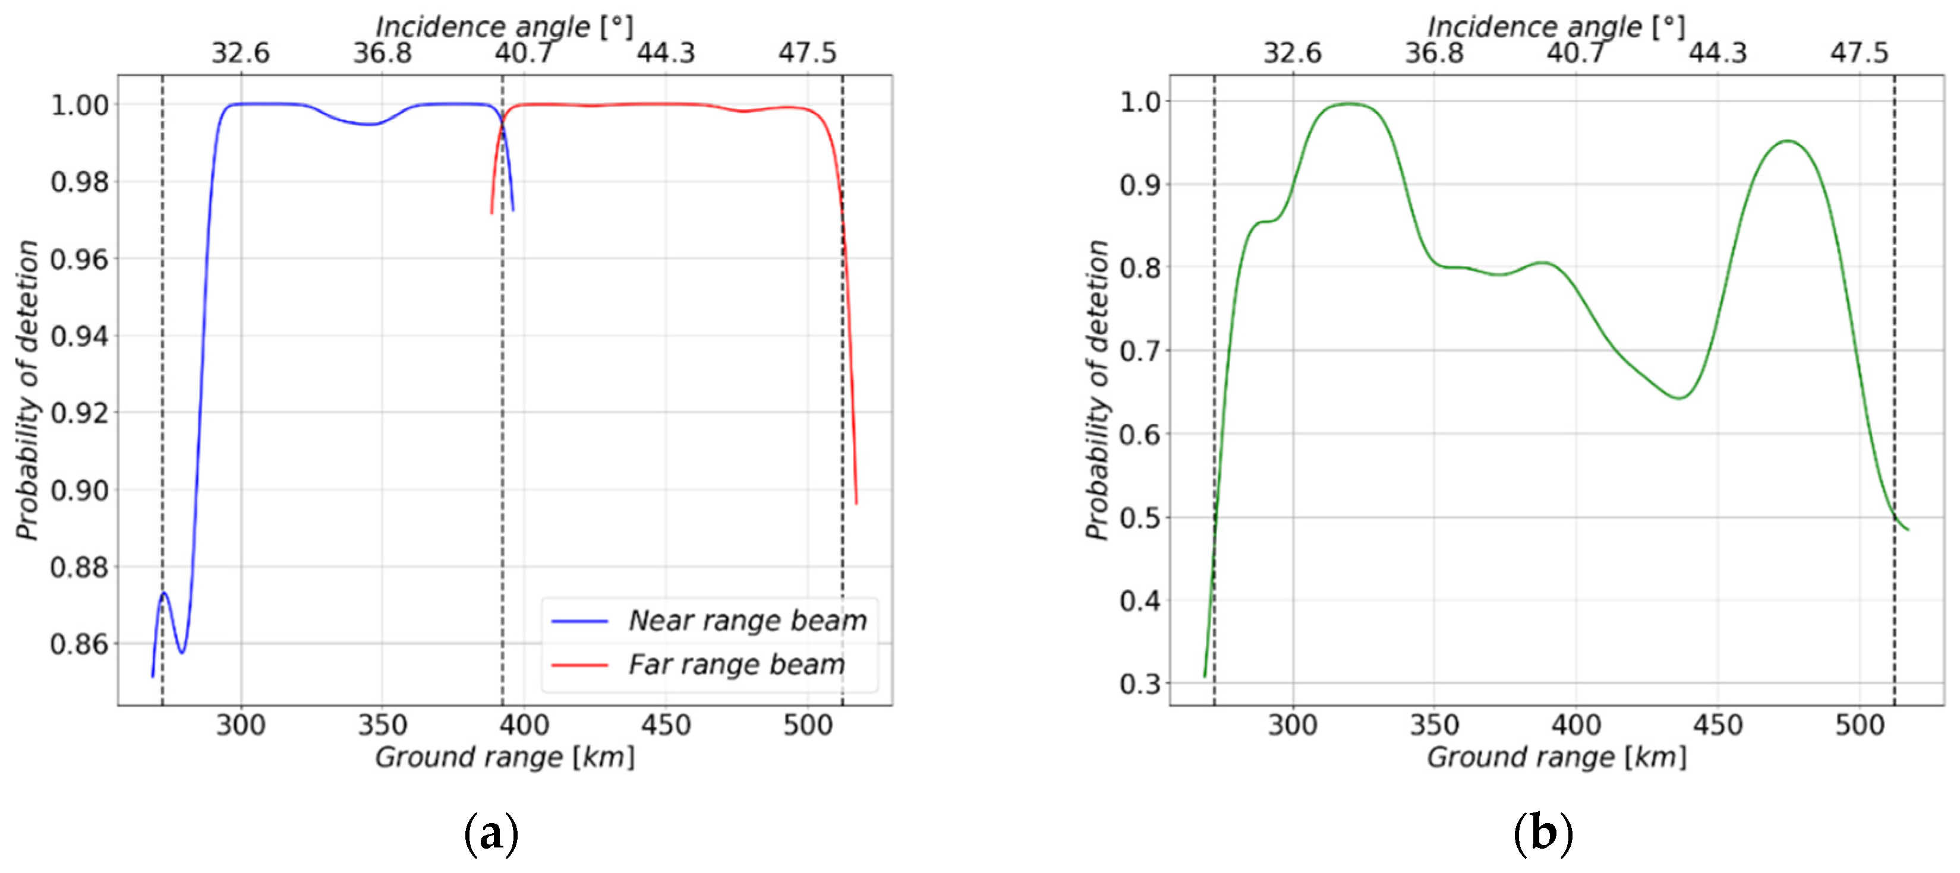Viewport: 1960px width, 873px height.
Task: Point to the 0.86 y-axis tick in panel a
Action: [x=79, y=644]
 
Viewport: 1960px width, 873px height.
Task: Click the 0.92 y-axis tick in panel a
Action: [x=79, y=413]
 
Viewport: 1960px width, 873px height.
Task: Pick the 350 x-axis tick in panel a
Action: [x=382, y=725]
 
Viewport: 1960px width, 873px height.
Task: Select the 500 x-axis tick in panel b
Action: [x=1859, y=725]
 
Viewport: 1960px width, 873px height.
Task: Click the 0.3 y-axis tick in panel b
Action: [x=1139, y=684]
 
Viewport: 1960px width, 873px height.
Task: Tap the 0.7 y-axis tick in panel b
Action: [x=1139, y=352]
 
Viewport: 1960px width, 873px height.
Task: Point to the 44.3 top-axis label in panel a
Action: [x=666, y=53]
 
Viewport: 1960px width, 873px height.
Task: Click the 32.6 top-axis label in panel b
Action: [x=1292, y=53]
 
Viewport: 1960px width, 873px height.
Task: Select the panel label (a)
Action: [x=491, y=834]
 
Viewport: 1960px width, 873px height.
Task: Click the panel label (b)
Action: [x=1542, y=834]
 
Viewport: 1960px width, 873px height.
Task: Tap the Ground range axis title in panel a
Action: [x=505, y=757]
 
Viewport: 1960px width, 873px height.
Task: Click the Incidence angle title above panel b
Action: [x=1555, y=27]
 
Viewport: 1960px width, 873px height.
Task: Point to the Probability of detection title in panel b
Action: [x=1096, y=390]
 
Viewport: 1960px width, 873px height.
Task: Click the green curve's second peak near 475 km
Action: [x=1787, y=141]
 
